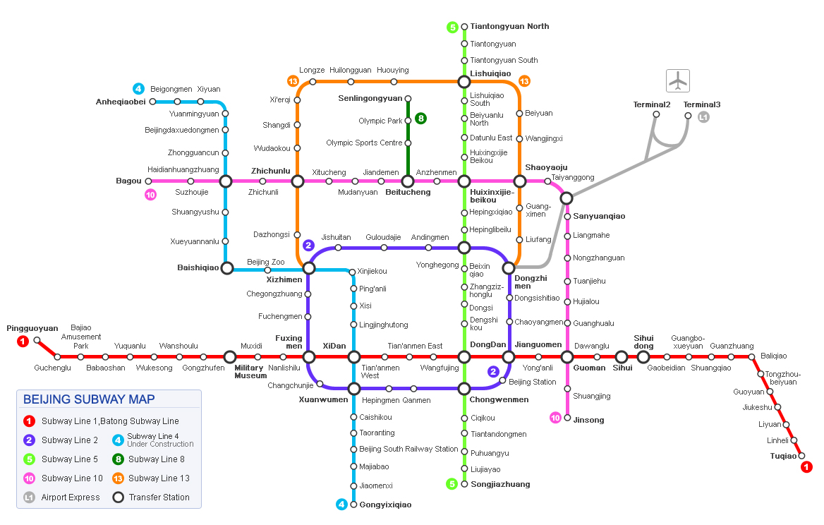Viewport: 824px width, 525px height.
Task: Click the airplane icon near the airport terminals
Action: [x=677, y=80]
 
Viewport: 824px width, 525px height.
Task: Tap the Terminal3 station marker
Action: [x=688, y=115]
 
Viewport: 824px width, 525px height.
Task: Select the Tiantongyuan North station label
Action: [x=509, y=27]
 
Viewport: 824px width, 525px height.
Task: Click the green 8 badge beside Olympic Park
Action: [x=420, y=119]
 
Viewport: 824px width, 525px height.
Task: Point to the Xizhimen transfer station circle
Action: [x=308, y=268]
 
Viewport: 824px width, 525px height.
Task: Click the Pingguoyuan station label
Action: [x=32, y=328]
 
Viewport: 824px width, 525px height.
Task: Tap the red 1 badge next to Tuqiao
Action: [x=807, y=466]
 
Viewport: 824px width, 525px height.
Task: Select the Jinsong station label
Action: [x=588, y=420]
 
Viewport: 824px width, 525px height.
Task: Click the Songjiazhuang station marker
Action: [x=464, y=484]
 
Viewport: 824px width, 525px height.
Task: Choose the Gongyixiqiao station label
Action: [x=385, y=505]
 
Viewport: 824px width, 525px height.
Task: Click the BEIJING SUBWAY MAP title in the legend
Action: [x=89, y=399]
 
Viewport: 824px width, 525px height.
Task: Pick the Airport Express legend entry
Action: [x=71, y=497]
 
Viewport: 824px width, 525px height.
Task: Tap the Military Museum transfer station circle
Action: [x=230, y=357]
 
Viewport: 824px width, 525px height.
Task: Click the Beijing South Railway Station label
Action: [x=408, y=449]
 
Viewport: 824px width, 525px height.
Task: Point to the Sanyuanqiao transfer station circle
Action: [x=566, y=198]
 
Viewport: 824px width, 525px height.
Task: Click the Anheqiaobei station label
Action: [x=121, y=102]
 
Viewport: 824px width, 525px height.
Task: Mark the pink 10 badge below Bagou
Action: [x=150, y=195]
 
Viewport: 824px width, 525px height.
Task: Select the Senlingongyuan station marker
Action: [x=408, y=99]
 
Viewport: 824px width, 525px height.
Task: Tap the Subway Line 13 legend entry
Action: [x=159, y=478]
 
